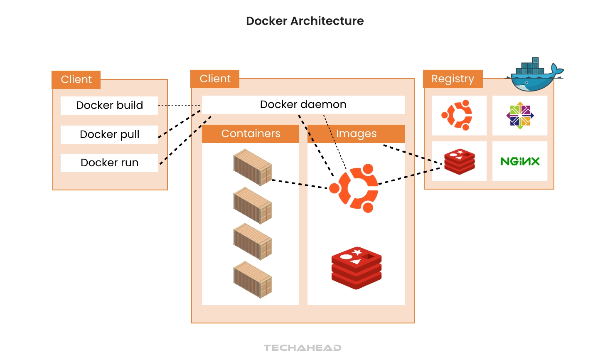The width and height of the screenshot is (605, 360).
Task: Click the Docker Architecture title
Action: (305, 21)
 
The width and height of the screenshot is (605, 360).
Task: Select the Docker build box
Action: (109, 105)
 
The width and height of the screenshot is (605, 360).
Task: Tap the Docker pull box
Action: (109, 134)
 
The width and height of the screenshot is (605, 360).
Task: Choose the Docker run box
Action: (109, 163)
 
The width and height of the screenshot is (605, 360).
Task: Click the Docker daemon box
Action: (303, 104)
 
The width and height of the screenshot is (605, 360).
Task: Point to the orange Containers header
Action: (251, 133)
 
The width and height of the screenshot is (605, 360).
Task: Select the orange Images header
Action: (356, 133)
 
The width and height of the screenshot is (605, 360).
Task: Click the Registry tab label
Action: (453, 79)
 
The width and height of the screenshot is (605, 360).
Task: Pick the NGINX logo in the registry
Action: (520, 161)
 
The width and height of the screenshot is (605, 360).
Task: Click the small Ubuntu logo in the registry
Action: (457, 115)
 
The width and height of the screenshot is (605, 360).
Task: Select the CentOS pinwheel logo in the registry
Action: (520, 115)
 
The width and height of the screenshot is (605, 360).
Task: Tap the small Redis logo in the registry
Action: (459, 161)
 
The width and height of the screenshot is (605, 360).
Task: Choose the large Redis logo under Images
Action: (356, 268)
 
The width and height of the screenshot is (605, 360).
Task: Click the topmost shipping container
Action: (253, 167)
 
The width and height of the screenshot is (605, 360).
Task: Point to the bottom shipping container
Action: (253, 279)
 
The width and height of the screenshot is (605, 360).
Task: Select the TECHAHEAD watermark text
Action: (302, 348)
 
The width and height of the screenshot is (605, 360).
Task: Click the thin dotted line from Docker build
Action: (180, 105)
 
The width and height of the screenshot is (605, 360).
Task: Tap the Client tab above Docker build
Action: (76, 79)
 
